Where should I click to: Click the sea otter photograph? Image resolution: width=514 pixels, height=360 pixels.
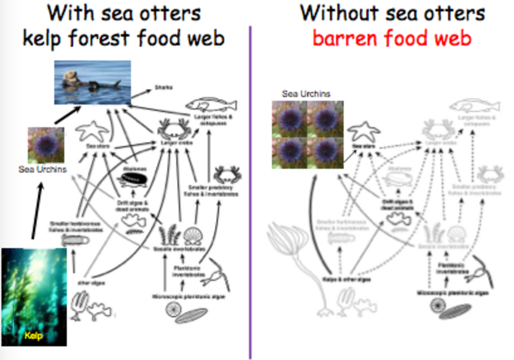click(x=93, y=82)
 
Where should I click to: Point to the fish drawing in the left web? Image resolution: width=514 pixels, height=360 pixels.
click(x=211, y=106)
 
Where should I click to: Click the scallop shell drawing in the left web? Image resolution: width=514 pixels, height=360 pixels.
click(x=191, y=235)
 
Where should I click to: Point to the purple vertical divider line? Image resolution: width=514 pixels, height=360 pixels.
click(x=250, y=189)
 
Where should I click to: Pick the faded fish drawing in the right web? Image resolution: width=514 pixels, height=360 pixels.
click(x=474, y=106)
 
